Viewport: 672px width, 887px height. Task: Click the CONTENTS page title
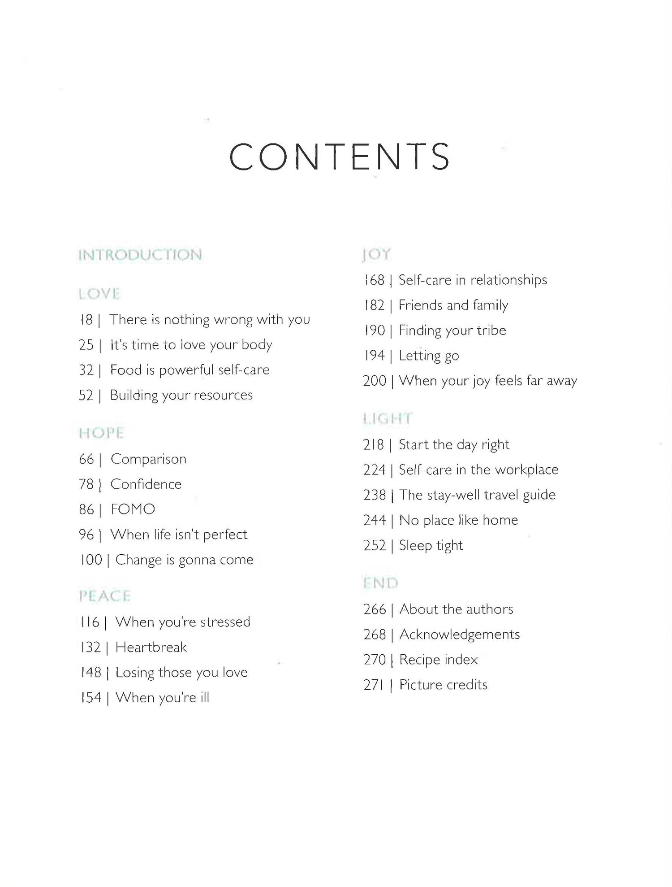click(x=340, y=157)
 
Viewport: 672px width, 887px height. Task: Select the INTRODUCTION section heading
click(x=140, y=255)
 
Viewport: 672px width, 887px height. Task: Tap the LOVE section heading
click(x=99, y=294)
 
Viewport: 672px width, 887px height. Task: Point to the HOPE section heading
click(x=101, y=433)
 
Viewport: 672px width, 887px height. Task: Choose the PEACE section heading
click(x=105, y=596)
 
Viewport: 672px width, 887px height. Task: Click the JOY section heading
click(x=376, y=255)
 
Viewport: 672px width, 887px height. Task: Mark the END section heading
click(x=380, y=583)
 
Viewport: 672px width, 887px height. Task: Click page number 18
click(x=86, y=320)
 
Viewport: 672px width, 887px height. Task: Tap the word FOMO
click(x=133, y=509)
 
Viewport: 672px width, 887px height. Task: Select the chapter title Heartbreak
click(x=151, y=647)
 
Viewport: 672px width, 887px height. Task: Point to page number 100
click(x=91, y=560)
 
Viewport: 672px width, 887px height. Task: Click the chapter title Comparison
click(x=148, y=459)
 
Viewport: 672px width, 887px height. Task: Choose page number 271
click(x=374, y=685)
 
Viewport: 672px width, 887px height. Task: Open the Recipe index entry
click(x=438, y=660)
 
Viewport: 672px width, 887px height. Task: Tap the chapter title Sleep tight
click(x=431, y=546)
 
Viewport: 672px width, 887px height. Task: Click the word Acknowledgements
click(x=460, y=635)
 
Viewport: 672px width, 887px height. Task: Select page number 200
click(x=375, y=381)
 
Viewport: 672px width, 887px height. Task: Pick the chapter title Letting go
click(x=429, y=356)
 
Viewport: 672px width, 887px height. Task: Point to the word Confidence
click(x=146, y=484)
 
